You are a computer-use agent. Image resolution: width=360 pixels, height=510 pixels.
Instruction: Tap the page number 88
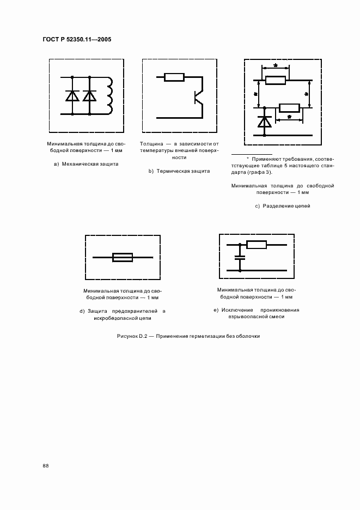point(46,465)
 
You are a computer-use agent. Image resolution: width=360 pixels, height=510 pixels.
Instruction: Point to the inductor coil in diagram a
point(111,95)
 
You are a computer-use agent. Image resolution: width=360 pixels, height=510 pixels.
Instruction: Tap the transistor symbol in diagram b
point(198,98)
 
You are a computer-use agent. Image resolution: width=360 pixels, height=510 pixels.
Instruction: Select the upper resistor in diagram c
point(276,81)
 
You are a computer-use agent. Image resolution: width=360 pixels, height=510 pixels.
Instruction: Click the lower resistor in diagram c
point(289,107)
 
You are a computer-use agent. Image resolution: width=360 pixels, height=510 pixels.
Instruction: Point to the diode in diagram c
point(265,122)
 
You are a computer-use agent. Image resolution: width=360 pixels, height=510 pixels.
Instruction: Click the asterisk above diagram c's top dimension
point(276,66)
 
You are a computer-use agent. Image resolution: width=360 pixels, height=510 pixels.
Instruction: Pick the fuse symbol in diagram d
point(123,257)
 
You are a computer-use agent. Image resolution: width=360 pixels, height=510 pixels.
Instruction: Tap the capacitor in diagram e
point(239,257)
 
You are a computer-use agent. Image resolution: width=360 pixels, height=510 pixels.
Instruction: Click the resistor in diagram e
point(257,244)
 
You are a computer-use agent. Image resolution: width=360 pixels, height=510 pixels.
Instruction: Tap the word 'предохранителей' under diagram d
point(129,311)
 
